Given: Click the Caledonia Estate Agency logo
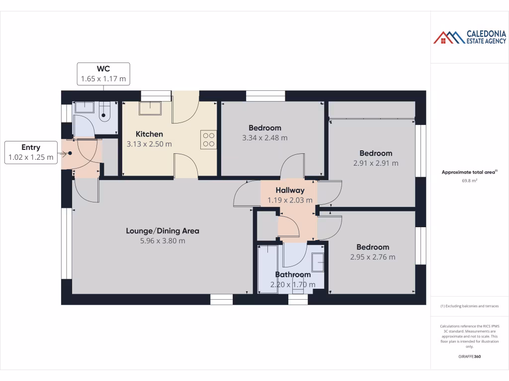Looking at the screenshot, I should coord(469,37).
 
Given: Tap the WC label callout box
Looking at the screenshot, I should coord(103,73).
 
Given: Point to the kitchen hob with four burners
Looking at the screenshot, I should coord(209,139).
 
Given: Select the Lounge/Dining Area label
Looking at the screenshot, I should coord(163,231).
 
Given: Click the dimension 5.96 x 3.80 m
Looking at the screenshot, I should coord(163,241).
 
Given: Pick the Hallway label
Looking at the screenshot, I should coord(290,190).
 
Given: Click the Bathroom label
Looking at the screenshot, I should coord(293,274).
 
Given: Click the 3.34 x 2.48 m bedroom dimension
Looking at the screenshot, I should coord(265,138).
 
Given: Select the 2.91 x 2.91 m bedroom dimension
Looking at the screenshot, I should coord(376,163).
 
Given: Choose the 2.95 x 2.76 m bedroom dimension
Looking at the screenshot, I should coord(373,257).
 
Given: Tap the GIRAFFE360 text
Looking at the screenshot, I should coord(469,357).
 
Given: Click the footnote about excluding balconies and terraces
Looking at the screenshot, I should coord(469,306).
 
